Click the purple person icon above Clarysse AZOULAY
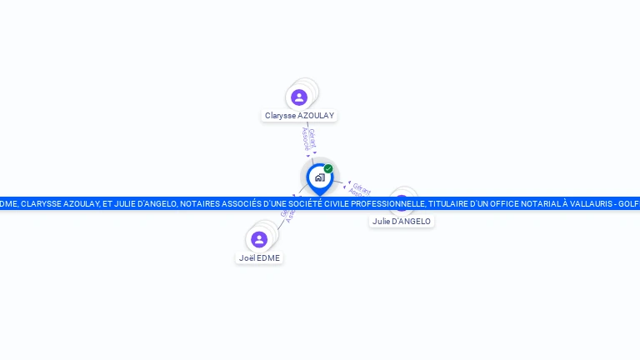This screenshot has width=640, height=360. [299, 97]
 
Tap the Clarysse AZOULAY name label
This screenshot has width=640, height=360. [299, 116]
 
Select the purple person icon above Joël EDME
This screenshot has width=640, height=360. [259, 240]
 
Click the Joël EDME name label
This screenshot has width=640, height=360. [259, 258]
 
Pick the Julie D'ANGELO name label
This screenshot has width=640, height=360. [402, 222]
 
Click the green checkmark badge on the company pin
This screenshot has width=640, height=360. [328, 169]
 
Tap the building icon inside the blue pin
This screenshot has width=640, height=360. [319, 177]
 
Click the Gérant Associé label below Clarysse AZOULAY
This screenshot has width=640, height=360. [308, 138]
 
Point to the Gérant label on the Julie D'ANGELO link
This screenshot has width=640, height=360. [361, 187]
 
